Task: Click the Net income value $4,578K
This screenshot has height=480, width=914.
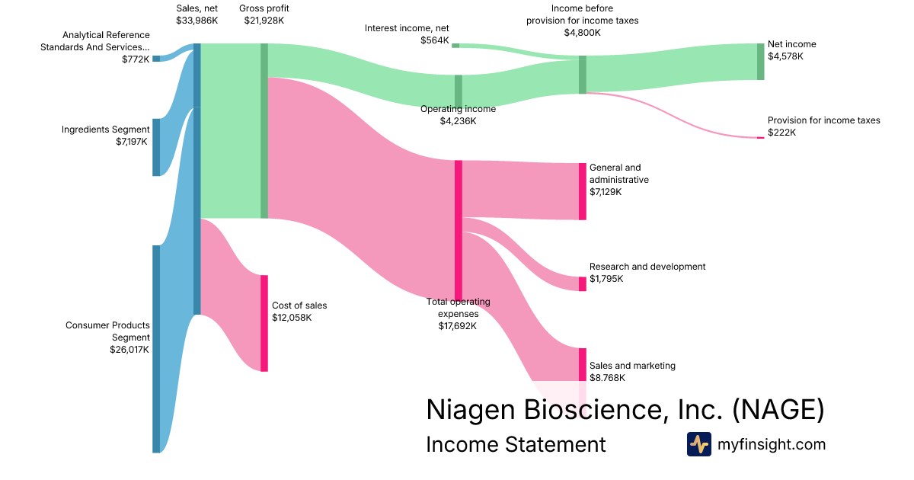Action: [785, 56]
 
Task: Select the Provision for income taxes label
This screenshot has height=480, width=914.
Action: [823, 120]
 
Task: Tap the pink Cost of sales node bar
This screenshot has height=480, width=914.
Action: [264, 323]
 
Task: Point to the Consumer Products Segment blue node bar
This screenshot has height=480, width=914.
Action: [156, 349]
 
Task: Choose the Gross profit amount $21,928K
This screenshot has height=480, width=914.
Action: [264, 21]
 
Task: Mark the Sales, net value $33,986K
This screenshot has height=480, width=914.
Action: [197, 21]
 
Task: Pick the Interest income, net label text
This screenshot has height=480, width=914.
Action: [407, 28]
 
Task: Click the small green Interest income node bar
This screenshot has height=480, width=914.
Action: [455, 46]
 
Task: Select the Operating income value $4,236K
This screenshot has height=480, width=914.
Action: [458, 121]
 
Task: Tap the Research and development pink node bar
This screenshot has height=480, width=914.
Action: [583, 283]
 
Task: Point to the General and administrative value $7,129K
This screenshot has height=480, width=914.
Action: [606, 192]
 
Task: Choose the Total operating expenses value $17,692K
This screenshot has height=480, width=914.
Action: [458, 326]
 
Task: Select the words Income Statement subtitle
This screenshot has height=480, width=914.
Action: [516, 444]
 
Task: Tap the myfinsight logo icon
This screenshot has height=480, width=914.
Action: [698, 444]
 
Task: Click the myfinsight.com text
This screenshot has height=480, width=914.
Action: [772, 444]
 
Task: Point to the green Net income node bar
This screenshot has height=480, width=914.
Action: [760, 62]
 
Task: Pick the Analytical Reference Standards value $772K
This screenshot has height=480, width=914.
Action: [136, 59]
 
